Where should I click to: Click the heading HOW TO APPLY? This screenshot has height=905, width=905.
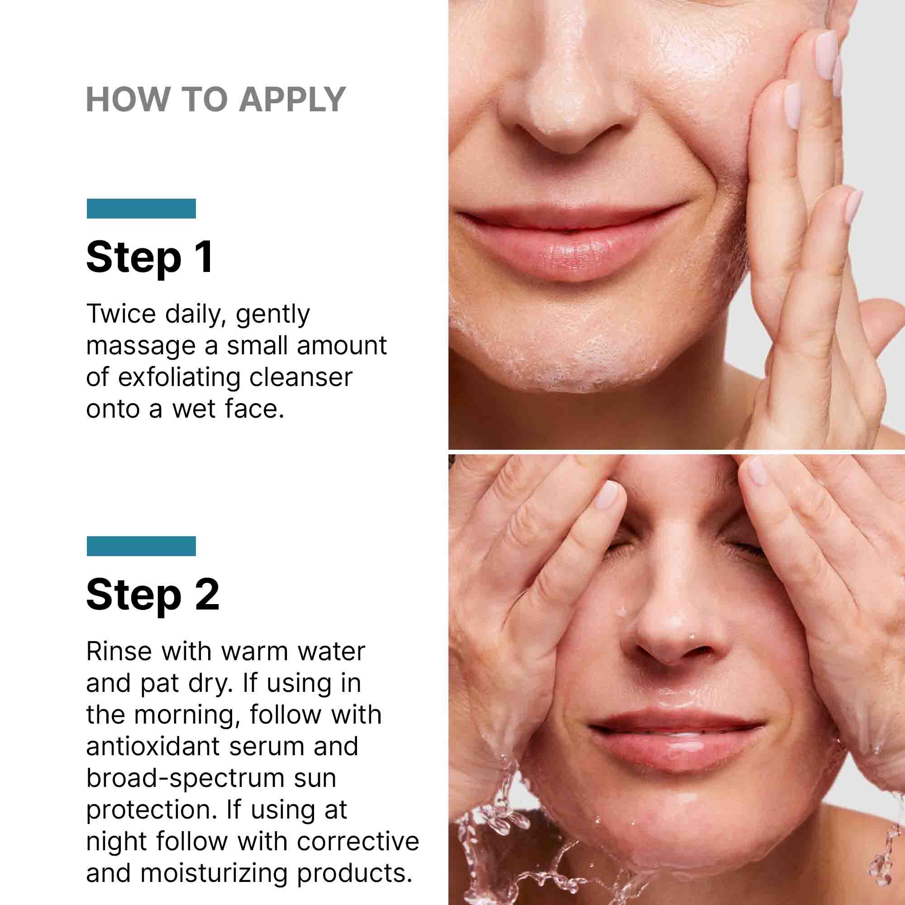(215, 99)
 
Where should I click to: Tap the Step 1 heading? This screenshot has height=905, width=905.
(149, 257)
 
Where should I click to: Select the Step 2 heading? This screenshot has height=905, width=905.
(152, 595)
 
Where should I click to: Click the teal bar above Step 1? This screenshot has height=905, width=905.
(141, 209)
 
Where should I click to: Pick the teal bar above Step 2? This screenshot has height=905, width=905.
(141, 546)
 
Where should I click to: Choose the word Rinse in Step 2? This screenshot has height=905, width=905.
(119, 651)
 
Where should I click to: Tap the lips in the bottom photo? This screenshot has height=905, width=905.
(675, 740)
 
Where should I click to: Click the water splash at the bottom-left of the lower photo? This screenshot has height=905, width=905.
(496, 838)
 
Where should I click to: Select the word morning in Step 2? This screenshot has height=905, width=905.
(184, 715)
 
